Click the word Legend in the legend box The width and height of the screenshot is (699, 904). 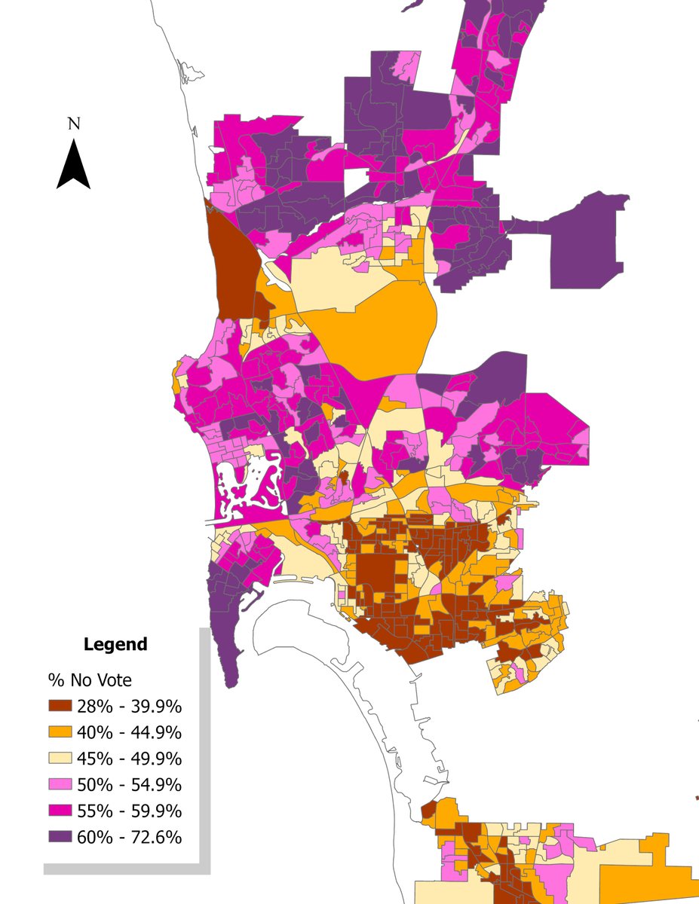point(115,645)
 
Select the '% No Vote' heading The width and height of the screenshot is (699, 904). point(90,680)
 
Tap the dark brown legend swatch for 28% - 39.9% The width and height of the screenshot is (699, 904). point(60,707)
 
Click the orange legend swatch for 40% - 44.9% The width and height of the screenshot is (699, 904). point(60,732)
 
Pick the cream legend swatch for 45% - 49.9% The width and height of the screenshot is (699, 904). point(60,759)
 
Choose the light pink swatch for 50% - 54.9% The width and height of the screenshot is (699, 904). point(60,784)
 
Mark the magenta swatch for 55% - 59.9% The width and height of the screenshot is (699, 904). point(60,811)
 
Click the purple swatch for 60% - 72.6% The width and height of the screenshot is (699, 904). point(60,837)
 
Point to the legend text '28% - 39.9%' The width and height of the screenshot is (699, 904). point(129,707)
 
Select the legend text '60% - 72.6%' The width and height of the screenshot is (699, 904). point(129,837)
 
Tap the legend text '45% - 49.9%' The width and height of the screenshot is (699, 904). point(129,759)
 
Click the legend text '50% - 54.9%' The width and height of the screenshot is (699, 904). point(129,784)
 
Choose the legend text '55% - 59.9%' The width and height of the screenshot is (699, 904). point(129,811)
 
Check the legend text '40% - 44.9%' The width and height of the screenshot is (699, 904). point(129,732)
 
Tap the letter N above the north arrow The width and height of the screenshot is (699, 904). point(73,124)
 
